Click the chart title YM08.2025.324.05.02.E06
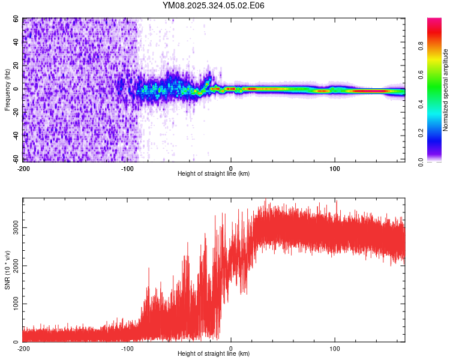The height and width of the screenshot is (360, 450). [x=214, y=5]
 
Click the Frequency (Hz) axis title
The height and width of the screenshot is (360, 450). [x=8, y=89]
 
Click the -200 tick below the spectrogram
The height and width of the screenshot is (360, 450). [x=23, y=168]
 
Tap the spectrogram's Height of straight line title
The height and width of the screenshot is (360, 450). [x=214, y=174]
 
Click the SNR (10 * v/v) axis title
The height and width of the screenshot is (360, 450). [x=8, y=270]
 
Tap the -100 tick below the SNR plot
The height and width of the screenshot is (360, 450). [x=127, y=348]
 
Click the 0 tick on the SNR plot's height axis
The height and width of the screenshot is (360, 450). [x=231, y=348]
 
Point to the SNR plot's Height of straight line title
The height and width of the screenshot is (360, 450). [x=214, y=354]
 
